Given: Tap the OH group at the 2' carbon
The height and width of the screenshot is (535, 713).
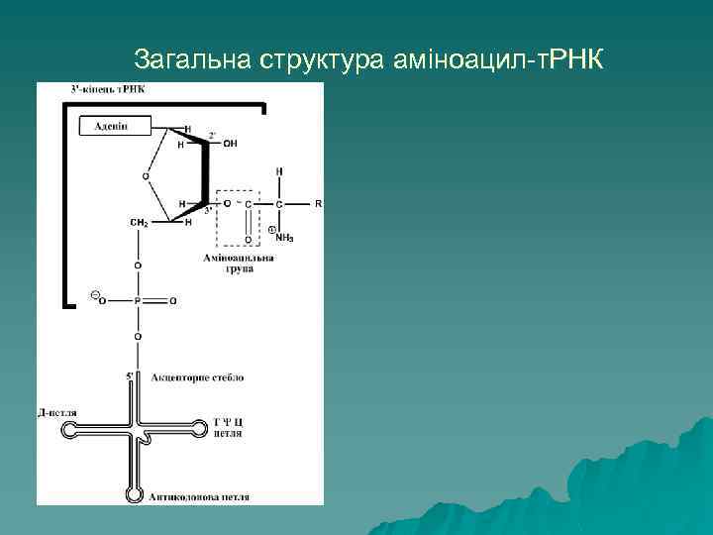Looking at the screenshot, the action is [x=231, y=144].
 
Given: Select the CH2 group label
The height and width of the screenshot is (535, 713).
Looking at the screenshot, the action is [x=139, y=223].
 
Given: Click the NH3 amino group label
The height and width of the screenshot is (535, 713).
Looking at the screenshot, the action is [x=284, y=238].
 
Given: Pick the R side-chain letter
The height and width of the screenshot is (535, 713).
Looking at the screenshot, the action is [x=318, y=203].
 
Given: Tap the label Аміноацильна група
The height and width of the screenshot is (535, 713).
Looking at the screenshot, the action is [x=238, y=264].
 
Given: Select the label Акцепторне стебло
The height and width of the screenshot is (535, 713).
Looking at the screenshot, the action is [x=197, y=377].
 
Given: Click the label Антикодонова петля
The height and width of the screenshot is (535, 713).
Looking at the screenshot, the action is [x=199, y=495].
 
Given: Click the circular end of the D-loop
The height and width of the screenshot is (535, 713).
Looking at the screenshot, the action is [x=71, y=430].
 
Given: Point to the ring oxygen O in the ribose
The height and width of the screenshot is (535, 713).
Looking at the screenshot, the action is [x=147, y=175].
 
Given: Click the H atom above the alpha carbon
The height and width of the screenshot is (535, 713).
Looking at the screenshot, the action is [x=279, y=171].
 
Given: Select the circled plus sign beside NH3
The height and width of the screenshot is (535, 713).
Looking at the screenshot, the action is [x=271, y=230].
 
